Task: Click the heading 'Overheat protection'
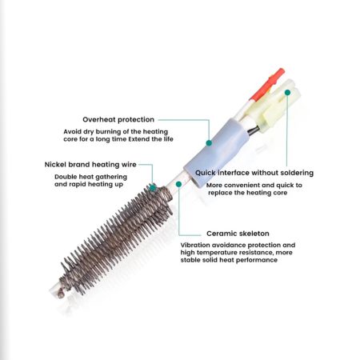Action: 118,120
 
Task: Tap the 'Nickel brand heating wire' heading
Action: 90,165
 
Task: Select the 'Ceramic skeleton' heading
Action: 238,234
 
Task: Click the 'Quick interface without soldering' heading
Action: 254,173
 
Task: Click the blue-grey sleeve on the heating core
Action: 217,154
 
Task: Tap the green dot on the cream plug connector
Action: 287,92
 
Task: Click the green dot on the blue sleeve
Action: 209,143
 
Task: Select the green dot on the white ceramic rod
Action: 178,184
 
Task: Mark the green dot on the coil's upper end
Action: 153,188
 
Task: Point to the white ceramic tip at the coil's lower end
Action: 54,291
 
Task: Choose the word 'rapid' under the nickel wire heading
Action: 78,185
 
